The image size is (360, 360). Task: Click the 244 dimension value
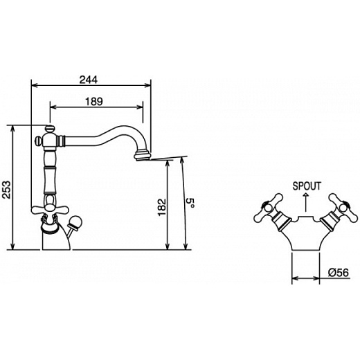89,80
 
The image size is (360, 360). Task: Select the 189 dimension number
93,101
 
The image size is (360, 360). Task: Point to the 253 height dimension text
7,190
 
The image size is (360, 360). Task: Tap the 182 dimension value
162,207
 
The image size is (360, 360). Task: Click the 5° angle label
190,203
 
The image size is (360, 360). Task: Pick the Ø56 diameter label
338,273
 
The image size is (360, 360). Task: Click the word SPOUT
307,186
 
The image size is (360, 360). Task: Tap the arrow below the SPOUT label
306,202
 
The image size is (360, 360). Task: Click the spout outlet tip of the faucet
141,156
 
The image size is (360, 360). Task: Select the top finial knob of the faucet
50,128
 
